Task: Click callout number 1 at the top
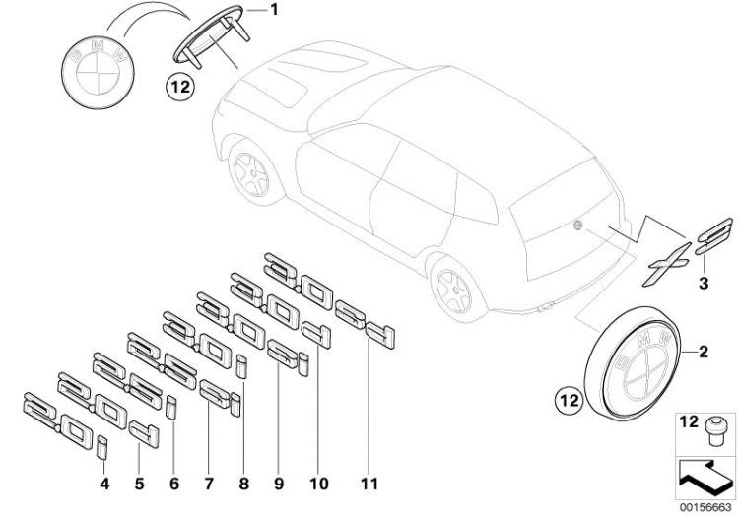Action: (274, 11)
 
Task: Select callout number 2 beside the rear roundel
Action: (705, 350)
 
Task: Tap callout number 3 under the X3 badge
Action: (704, 285)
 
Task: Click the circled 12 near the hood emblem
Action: (179, 86)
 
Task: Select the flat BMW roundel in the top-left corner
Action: (97, 62)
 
